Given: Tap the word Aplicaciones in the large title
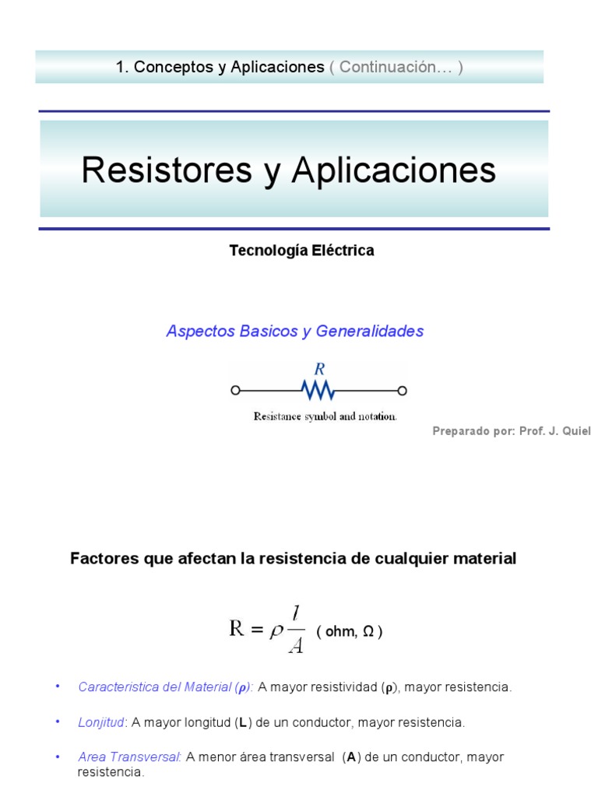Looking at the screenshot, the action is pyautogui.click(x=393, y=170).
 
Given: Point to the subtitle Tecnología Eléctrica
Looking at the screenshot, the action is pyautogui.click(x=301, y=251).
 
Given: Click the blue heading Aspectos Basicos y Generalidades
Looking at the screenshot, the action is pyautogui.click(x=294, y=332).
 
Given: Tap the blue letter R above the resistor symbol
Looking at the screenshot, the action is pyautogui.click(x=318, y=369).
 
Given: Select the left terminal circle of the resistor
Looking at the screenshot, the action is pyautogui.click(x=235, y=390).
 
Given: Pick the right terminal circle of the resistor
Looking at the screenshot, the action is pyautogui.click(x=403, y=390).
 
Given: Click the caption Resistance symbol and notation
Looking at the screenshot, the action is pyautogui.click(x=325, y=416).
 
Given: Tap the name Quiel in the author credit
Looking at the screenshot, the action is pyautogui.click(x=575, y=431).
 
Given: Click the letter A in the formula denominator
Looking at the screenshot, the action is pyautogui.click(x=295, y=644).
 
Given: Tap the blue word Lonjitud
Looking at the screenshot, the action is pyautogui.click(x=101, y=722).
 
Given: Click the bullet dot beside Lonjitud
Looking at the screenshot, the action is pyautogui.click(x=57, y=722).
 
